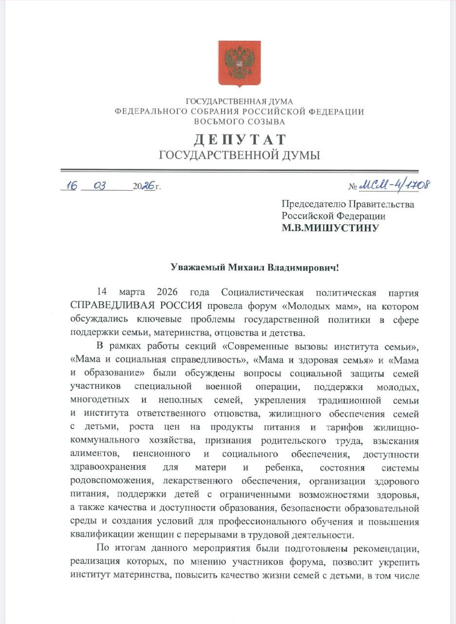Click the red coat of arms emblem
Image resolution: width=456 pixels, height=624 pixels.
239,63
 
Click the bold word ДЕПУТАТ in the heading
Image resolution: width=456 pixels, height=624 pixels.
240,140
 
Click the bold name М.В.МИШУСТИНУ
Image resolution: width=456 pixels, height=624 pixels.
330,227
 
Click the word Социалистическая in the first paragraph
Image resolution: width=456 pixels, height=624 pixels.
262,292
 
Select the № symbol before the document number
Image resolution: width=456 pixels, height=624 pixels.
353,187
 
